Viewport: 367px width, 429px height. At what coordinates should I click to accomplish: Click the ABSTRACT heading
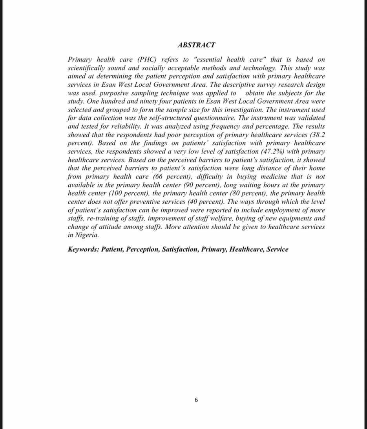click(x=196, y=45)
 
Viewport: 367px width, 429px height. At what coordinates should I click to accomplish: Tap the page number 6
click(x=196, y=400)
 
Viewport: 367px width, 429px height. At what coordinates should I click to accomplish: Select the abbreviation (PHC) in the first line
click(x=146, y=60)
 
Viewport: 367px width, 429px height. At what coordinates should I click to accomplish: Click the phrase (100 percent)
click(x=120, y=194)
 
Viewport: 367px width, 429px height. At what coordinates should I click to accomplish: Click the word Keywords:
click(x=83, y=250)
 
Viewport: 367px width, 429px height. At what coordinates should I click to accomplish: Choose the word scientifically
click(x=89, y=68)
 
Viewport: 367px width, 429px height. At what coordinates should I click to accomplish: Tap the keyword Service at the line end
click(x=277, y=250)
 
